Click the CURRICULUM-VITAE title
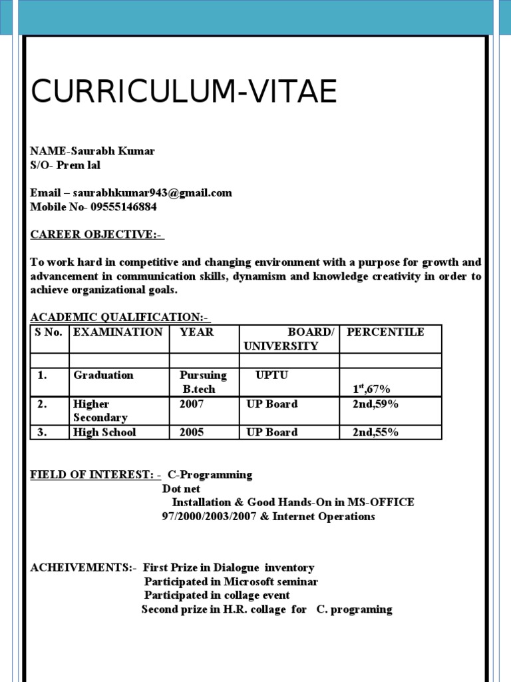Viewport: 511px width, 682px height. point(184,92)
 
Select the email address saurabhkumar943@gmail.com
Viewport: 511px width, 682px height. point(152,193)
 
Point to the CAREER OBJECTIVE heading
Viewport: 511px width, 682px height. point(97,234)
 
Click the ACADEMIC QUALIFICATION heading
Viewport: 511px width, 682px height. point(120,318)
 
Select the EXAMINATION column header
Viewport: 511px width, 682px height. point(118,332)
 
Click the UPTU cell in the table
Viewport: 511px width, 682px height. point(271,375)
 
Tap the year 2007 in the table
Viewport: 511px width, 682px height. point(192,404)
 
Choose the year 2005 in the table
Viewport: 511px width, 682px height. point(192,432)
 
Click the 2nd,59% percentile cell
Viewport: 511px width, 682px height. point(375,404)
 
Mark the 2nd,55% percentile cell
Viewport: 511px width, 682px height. point(375,432)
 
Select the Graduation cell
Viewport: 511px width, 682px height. point(103,375)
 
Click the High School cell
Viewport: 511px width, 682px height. point(104,432)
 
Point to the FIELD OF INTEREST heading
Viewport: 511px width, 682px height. point(95,475)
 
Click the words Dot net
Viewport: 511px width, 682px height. point(182,488)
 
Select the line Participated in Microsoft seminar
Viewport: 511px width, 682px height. point(231,581)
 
